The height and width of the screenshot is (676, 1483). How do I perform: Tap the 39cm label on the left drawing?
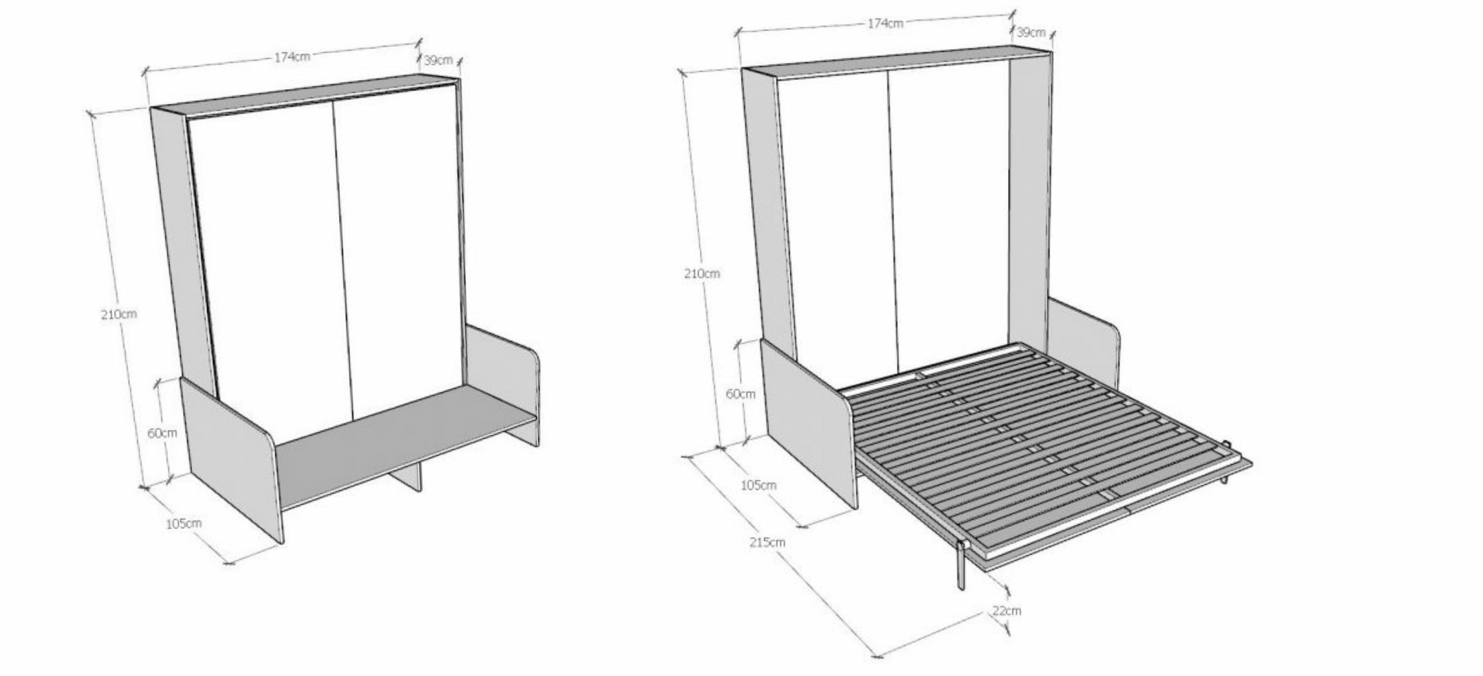pyautogui.click(x=438, y=60)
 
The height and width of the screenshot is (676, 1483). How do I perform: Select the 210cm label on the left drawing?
pyautogui.click(x=119, y=314)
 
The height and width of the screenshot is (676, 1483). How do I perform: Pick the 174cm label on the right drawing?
pyautogui.click(x=885, y=23)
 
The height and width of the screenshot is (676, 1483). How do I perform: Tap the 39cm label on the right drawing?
pyautogui.click(x=1031, y=32)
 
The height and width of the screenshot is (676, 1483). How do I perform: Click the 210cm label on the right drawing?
pyautogui.click(x=702, y=273)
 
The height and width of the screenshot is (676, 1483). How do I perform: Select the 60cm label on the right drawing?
pyautogui.click(x=741, y=394)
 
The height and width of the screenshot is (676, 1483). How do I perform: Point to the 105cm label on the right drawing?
pyautogui.click(x=758, y=485)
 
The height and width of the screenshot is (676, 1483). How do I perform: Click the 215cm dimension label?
pyautogui.click(x=767, y=542)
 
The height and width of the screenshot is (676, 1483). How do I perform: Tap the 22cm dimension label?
pyautogui.click(x=1007, y=610)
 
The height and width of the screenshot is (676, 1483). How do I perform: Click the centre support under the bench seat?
pyautogui.click(x=406, y=475)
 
